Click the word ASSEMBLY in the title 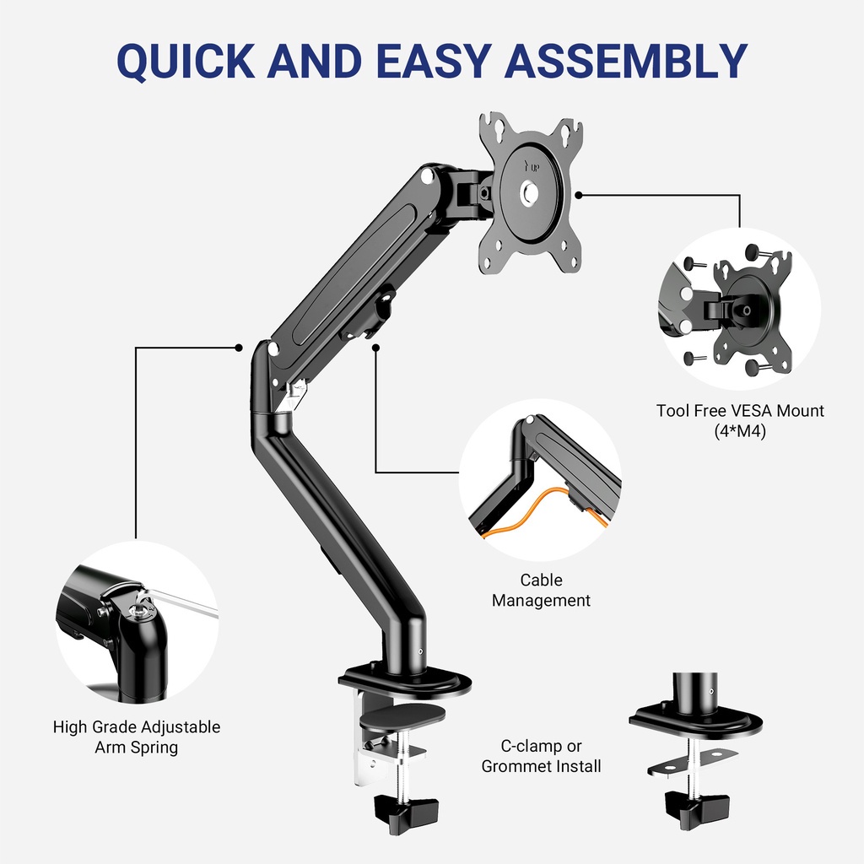[x=629, y=60]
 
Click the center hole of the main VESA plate [x=531, y=193]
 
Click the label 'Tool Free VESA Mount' [x=740, y=411]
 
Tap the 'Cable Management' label [x=541, y=591]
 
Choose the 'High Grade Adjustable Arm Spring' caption [x=137, y=737]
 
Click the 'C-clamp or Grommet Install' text [x=541, y=756]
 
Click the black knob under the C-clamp [x=407, y=813]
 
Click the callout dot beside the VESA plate [x=578, y=194]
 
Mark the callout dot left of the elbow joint [x=239, y=347]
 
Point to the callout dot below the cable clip [x=375, y=346]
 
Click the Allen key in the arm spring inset [x=181, y=602]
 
